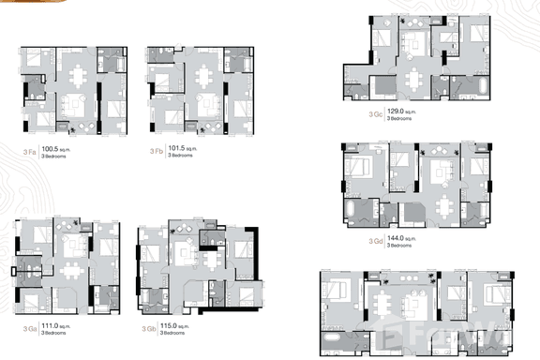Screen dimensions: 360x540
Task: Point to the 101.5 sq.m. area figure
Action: click(183, 147)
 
